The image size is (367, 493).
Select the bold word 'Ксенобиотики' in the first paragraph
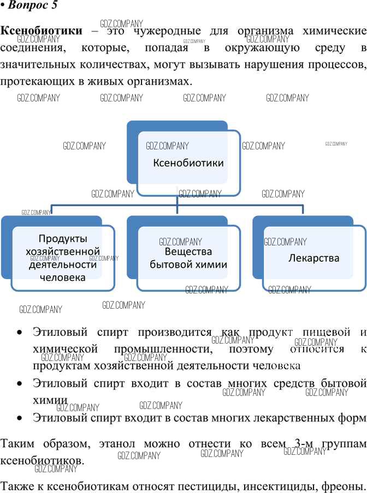(41, 31)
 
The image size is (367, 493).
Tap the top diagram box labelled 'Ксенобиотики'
(188, 163)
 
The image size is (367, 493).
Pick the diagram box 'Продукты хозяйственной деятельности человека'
(63, 258)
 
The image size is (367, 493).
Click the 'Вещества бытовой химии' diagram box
(188, 258)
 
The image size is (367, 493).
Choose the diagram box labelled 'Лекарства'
(314, 258)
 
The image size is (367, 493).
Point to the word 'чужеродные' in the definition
(167, 31)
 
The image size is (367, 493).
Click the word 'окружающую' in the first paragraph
(262, 48)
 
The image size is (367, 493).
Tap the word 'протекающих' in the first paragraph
(37, 81)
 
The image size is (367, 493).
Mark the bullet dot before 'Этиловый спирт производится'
(20, 332)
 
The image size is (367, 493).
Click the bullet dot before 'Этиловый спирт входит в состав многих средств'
(20, 383)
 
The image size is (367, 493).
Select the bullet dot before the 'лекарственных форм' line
(20, 418)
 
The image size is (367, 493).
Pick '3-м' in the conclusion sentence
(304, 443)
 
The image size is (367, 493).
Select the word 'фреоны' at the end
(344, 486)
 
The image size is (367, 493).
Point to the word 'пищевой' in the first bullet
(327, 332)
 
